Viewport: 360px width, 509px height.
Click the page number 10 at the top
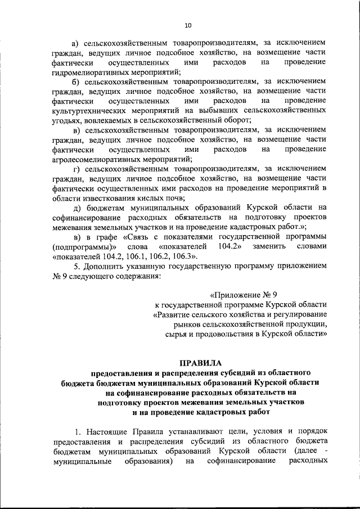point(188,25)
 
